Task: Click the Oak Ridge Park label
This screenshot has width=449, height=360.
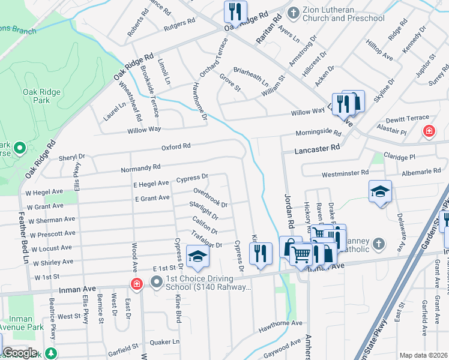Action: (36, 96)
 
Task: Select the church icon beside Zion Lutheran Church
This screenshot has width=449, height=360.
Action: (294, 12)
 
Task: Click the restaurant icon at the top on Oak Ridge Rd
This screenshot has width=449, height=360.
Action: (234, 11)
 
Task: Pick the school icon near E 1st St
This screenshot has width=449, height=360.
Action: (196, 256)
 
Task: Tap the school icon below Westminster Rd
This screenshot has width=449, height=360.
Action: (380, 191)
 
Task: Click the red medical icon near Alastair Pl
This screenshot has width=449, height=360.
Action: (429, 131)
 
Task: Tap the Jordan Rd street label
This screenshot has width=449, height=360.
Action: (287, 210)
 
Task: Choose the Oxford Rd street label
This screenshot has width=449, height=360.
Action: (175, 146)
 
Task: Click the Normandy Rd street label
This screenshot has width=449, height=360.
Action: (140, 169)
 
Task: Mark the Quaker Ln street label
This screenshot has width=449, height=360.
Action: (167, 342)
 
